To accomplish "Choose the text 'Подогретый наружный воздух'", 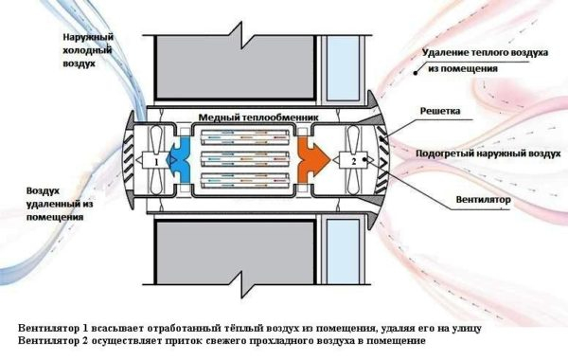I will point(479,152).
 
